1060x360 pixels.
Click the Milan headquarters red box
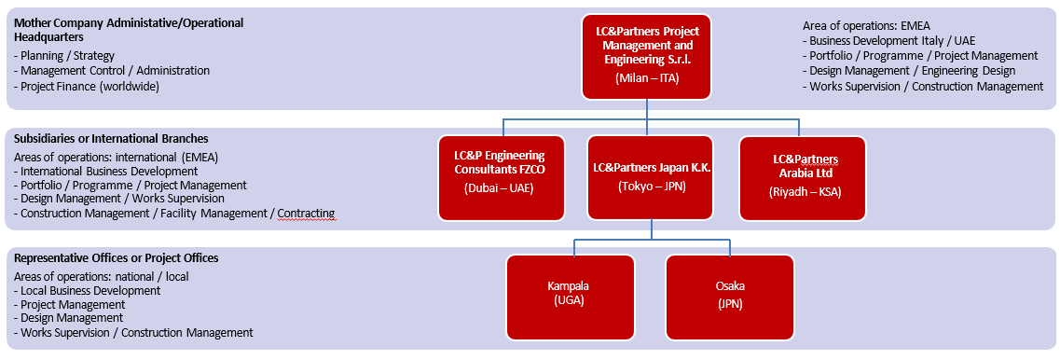[647, 57]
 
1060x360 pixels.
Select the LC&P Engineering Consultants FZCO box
[502, 179]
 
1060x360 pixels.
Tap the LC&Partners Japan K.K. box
[651, 178]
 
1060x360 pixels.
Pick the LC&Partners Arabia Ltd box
[803, 179]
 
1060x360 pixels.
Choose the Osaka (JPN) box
[730, 298]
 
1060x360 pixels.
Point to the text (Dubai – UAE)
[500, 188]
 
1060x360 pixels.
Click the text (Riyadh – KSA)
[805, 191]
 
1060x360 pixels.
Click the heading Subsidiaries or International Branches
[112, 139]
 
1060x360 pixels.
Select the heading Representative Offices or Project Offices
[117, 258]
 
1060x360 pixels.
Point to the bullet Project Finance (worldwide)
[87, 86]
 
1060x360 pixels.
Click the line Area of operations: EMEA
[867, 26]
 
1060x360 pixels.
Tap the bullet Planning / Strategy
[64, 55]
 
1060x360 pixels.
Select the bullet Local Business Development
[88, 290]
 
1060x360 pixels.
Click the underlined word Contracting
[306, 214]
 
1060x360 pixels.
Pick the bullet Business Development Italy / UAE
[889, 41]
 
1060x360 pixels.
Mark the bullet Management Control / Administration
[112, 70]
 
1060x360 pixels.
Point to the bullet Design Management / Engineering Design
[909, 70]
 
